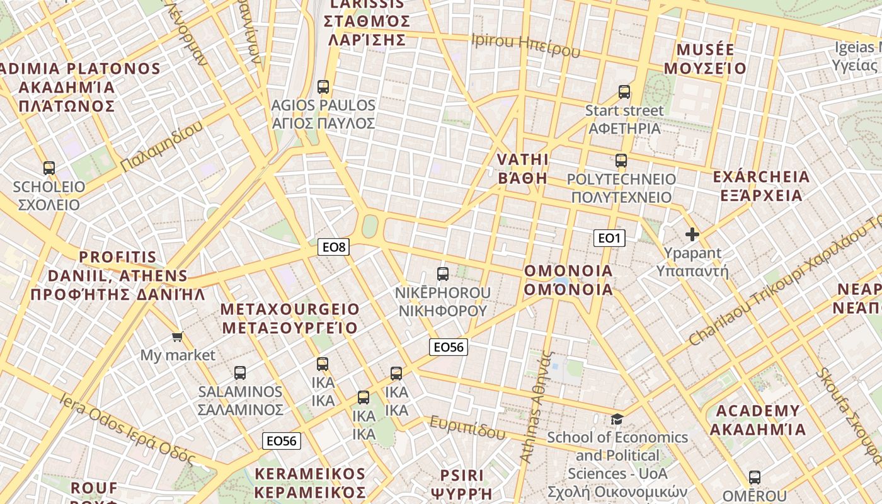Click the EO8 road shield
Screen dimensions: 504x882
(333, 247)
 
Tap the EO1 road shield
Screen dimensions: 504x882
(609, 238)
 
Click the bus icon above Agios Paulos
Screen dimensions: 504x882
(323, 87)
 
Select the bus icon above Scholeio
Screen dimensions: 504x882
(49, 168)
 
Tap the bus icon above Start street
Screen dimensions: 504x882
(624, 92)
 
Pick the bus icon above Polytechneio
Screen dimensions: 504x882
(621, 161)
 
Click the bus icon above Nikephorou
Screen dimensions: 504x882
(443, 274)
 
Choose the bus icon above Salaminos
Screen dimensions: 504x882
(240, 373)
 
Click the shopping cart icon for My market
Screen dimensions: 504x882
(178, 337)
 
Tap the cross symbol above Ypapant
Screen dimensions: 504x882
(692, 235)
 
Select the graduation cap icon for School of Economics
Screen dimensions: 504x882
(617, 419)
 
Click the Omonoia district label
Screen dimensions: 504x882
(568, 280)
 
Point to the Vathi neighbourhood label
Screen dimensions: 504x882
(522, 168)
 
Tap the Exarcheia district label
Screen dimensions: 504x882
(761, 186)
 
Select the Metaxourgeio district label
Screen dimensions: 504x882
(290, 319)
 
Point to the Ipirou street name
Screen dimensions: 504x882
(525, 45)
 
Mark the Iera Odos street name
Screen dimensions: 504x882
(126, 428)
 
